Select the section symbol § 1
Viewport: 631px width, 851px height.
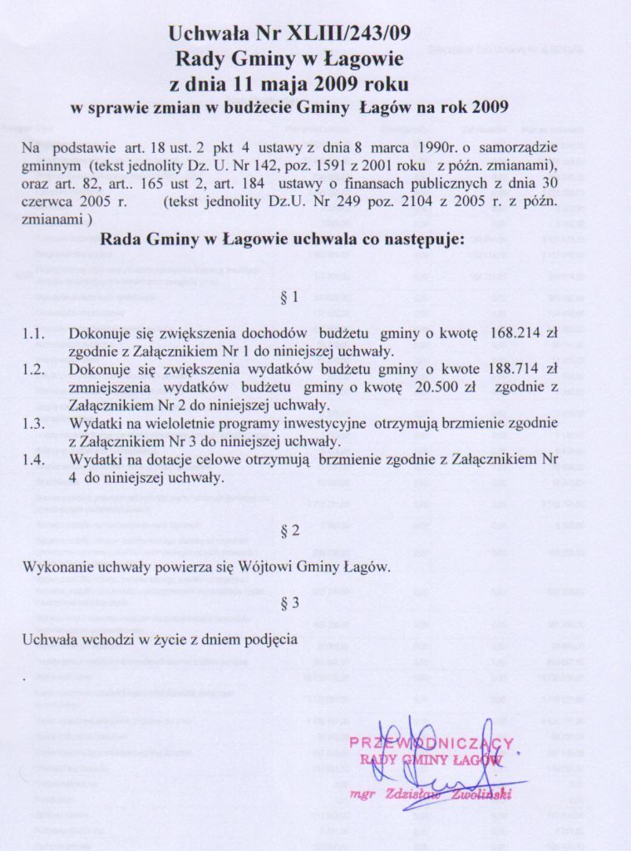pyautogui.click(x=290, y=297)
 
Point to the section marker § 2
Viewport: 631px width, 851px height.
pyautogui.click(x=290, y=532)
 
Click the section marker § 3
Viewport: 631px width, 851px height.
pyautogui.click(x=290, y=603)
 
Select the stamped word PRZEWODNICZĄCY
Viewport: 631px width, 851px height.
pyautogui.click(x=431, y=742)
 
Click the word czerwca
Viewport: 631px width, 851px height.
pyautogui.click(x=48, y=202)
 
